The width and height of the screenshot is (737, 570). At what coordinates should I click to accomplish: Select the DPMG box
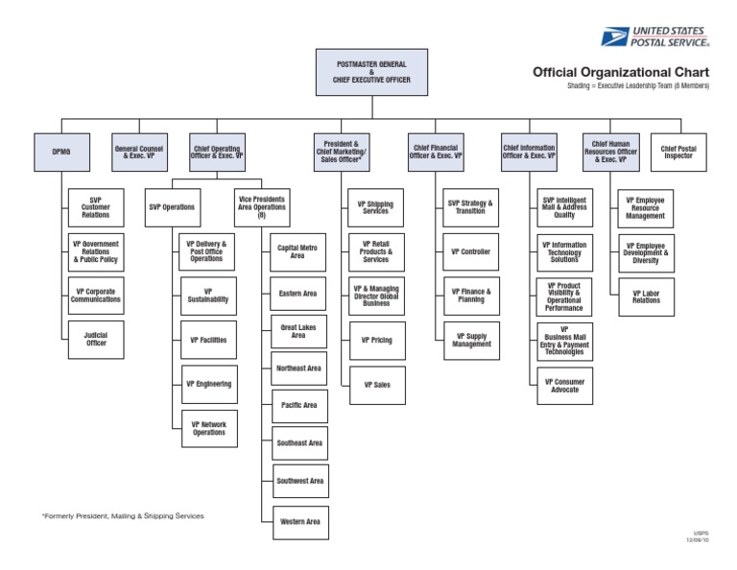pos(61,151)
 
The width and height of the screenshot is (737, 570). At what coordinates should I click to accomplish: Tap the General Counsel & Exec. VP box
pos(138,151)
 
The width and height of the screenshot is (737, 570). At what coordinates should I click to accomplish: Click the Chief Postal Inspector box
pos(678,152)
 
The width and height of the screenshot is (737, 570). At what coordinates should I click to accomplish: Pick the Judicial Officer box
pos(96,340)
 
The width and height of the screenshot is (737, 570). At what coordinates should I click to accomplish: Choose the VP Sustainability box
pos(208,295)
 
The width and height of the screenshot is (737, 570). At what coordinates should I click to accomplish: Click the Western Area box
pos(299,522)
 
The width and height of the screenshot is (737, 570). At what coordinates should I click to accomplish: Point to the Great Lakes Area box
pos(298,332)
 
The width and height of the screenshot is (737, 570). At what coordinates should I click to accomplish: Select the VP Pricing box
pos(376,340)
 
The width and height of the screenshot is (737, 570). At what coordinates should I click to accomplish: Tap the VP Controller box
pos(470,251)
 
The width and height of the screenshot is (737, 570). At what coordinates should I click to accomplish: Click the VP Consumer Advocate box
pos(564,386)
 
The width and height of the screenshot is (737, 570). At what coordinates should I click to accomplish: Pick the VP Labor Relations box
pos(646,297)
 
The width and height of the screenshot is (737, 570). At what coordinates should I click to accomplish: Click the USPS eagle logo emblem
pos(613,36)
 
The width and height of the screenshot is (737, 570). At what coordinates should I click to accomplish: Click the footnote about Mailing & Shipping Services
pos(123,516)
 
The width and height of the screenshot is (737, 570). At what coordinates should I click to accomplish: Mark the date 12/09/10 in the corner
pos(697,541)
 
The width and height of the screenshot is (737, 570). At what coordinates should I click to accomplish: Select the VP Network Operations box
pos(208,428)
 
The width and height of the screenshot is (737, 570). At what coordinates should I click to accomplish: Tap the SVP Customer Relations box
pos(96,207)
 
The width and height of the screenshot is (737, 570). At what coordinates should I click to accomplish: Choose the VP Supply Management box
pos(471,340)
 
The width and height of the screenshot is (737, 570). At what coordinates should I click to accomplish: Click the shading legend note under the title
pos(638,86)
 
